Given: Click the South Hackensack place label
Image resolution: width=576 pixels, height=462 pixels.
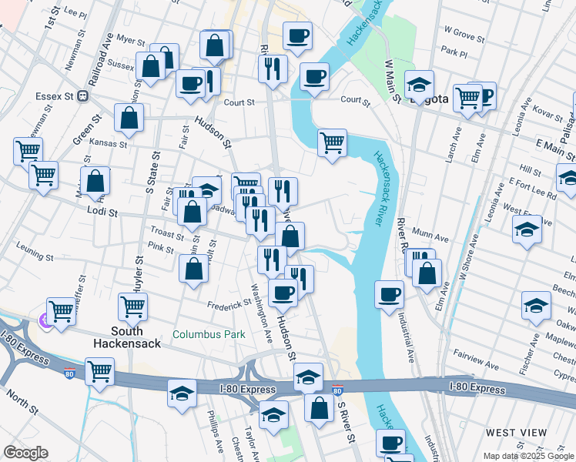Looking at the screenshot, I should click(127, 337).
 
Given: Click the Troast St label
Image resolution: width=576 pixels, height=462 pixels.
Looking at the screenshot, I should click(166, 232).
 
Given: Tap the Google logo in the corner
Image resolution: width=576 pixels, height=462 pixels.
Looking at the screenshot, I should click(25, 453).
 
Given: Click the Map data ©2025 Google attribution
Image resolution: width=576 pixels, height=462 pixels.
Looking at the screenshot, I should click(529, 456).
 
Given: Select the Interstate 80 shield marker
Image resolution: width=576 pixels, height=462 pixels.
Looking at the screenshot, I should click(337, 390).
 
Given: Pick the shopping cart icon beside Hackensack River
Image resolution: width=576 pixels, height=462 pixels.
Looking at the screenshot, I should click(332, 142).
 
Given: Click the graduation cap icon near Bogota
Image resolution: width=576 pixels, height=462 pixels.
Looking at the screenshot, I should click(419, 84).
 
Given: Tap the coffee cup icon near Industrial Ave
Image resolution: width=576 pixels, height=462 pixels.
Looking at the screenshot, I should click(389, 294).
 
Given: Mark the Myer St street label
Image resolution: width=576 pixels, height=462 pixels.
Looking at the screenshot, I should click(131, 39).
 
